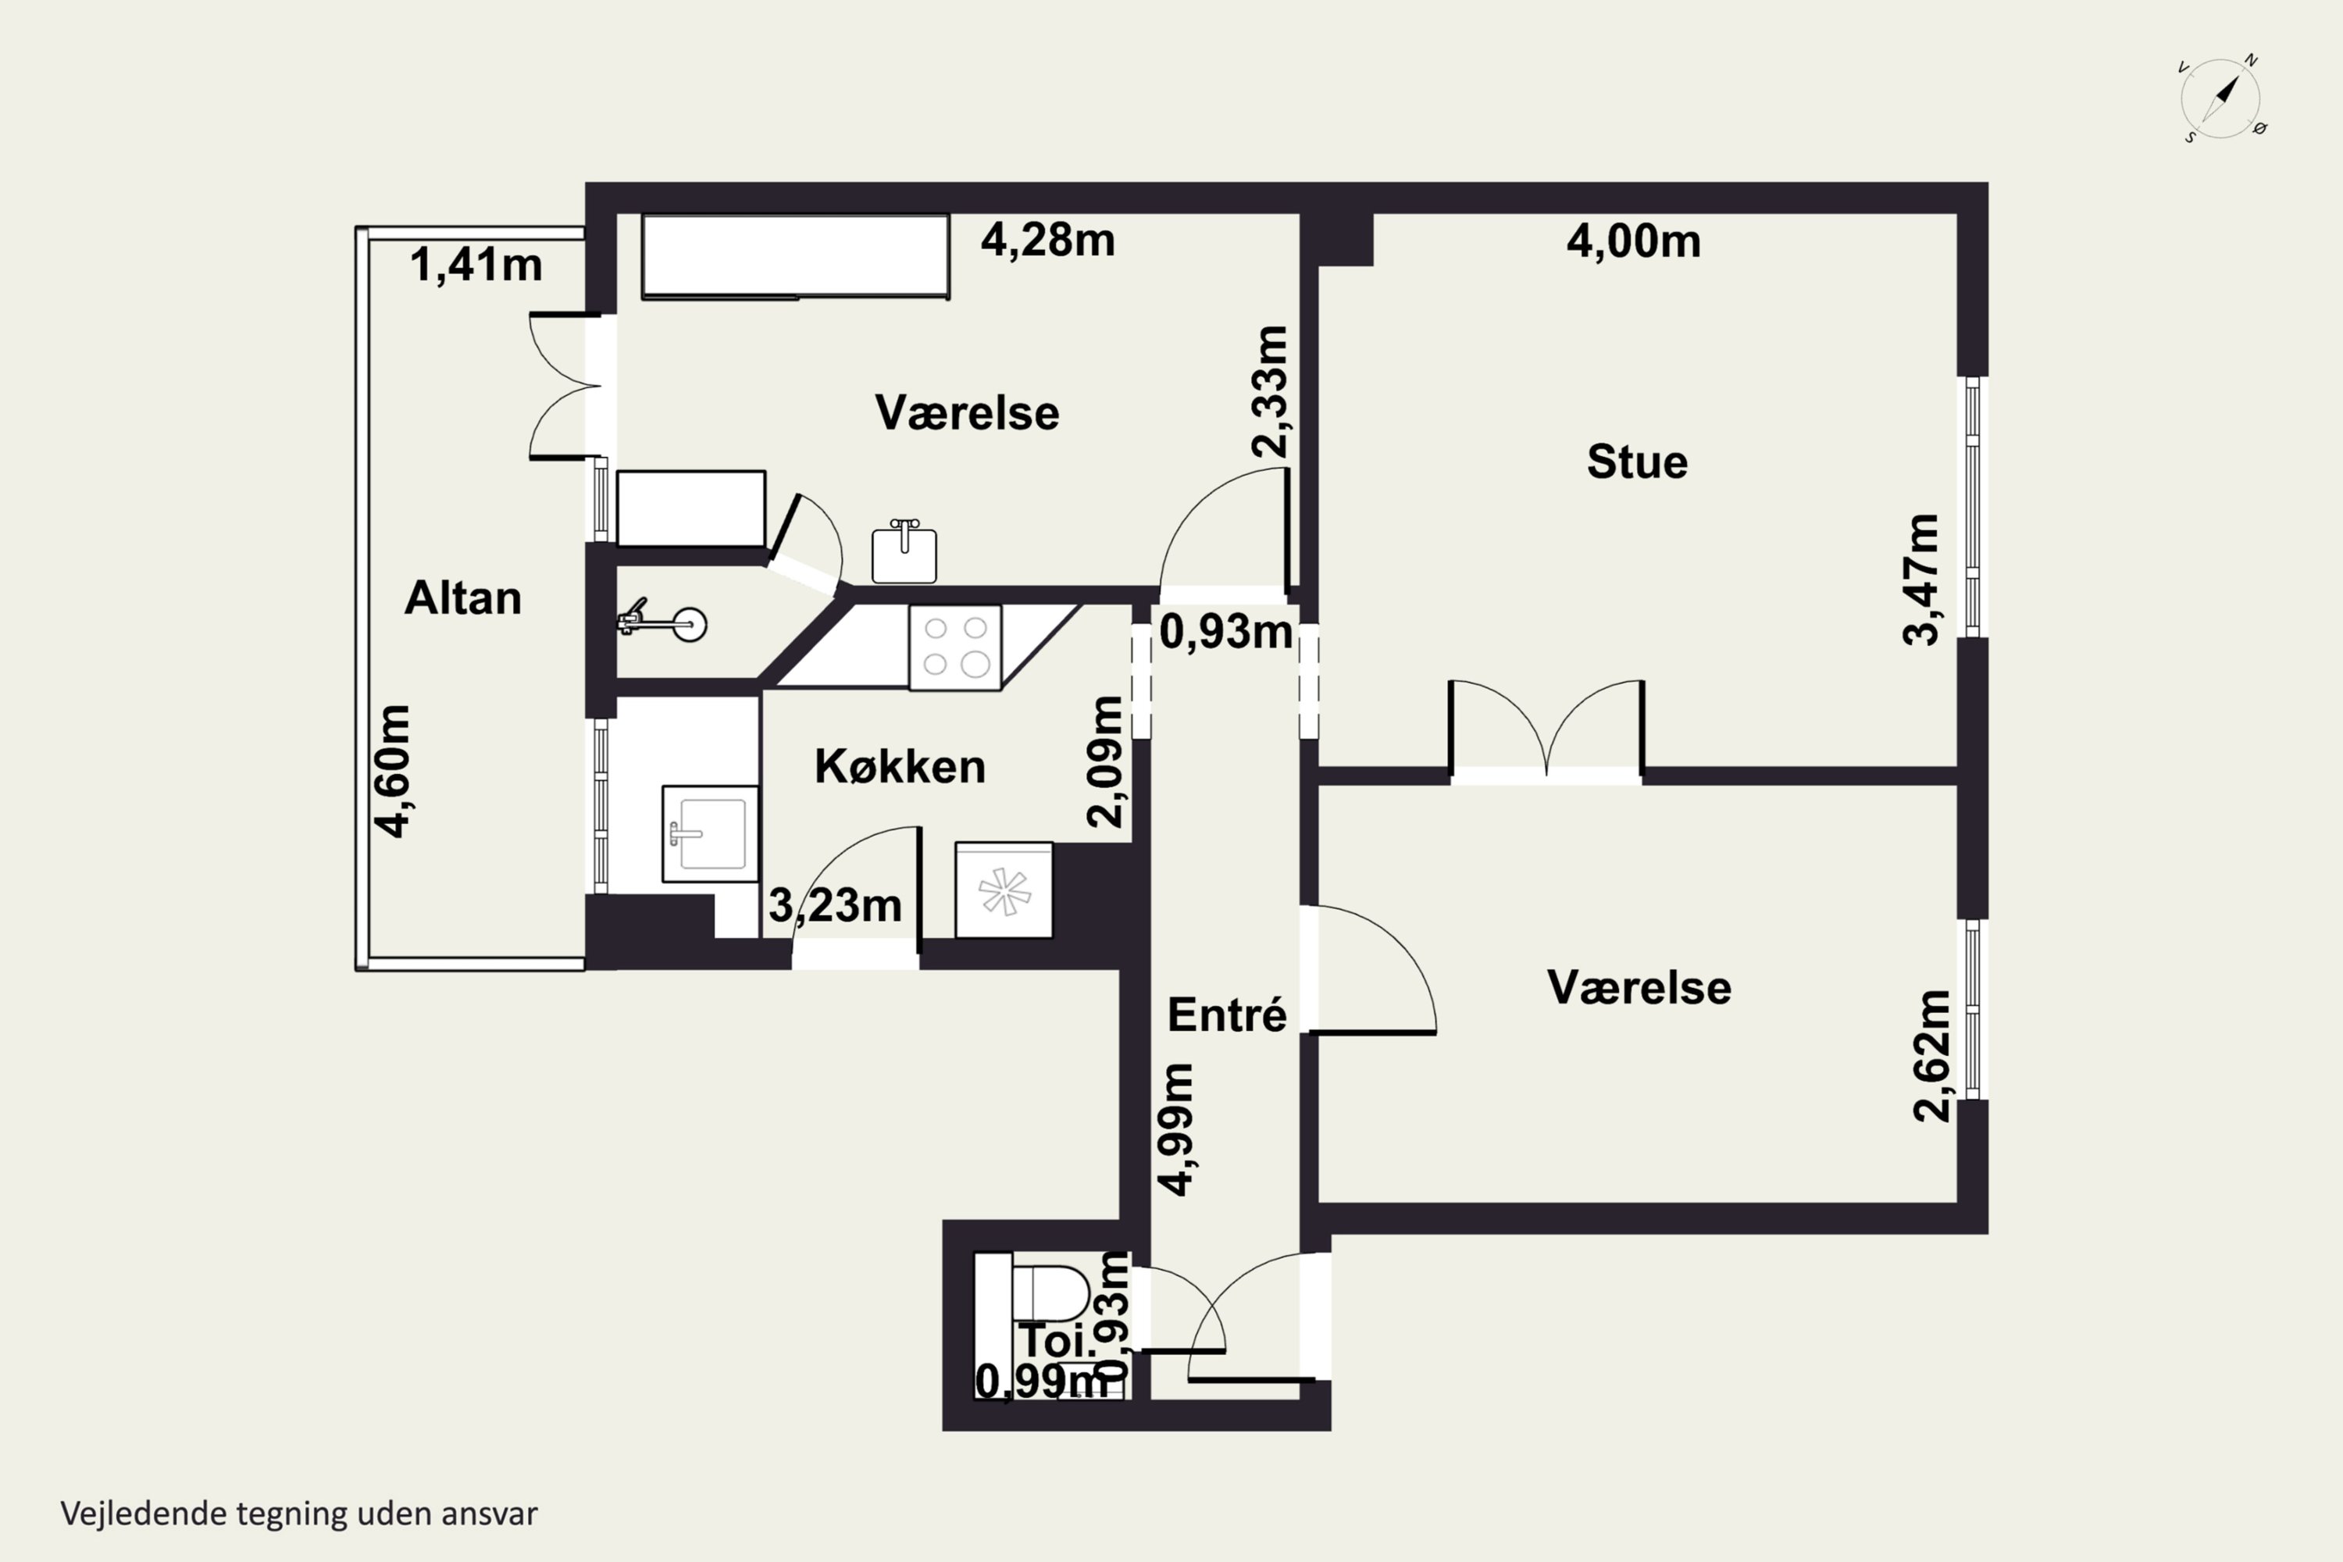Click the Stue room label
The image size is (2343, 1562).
pos(1637,462)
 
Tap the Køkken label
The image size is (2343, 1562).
pos(900,767)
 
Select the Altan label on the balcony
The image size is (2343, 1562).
pos(463,597)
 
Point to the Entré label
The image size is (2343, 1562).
pos(1226,1014)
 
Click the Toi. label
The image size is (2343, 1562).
pos(1056,1340)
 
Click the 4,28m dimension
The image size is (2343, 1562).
pos(1047,240)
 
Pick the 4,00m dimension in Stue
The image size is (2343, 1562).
pos(1633,241)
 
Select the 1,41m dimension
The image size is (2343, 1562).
pos(476,265)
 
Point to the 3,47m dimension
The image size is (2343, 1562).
pos(1921,580)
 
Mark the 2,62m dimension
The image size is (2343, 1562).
pos(1931,1056)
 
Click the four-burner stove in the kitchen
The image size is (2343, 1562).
pos(954,647)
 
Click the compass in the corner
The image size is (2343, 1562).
pos(2220,98)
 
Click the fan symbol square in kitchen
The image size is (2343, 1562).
pos(1003,890)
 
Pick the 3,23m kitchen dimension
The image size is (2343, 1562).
pos(835,905)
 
